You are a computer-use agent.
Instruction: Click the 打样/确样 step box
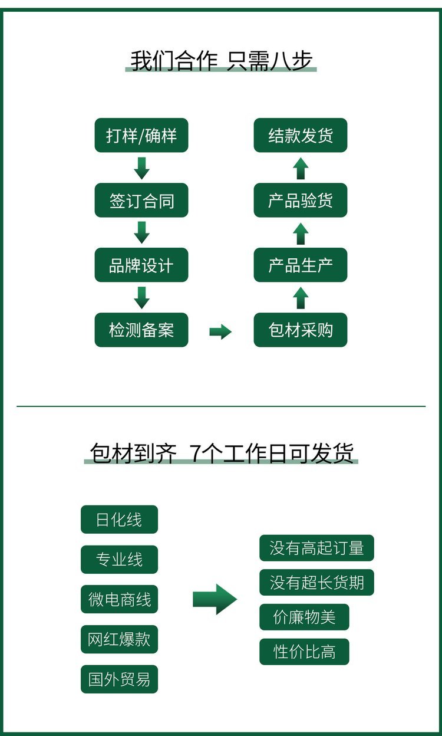click(x=141, y=135)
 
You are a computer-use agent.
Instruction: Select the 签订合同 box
click(x=141, y=200)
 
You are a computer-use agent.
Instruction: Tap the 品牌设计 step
click(x=141, y=265)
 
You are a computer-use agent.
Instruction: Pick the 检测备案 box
click(x=141, y=330)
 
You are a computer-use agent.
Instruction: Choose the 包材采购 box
click(x=301, y=330)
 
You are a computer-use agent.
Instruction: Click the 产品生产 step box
click(x=301, y=265)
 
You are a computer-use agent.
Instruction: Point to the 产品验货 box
click(x=301, y=200)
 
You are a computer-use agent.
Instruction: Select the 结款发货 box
click(x=301, y=135)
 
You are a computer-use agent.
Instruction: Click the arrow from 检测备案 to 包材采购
click(x=220, y=331)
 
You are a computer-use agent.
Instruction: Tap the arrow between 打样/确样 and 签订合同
click(x=141, y=168)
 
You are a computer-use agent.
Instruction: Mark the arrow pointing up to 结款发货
click(x=301, y=168)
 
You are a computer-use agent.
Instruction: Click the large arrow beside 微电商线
click(x=215, y=599)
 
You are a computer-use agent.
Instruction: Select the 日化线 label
click(x=119, y=520)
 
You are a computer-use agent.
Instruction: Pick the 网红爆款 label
click(x=119, y=639)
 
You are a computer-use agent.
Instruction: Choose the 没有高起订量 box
click(x=316, y=548)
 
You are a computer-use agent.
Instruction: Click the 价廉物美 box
click(x=304, y=617)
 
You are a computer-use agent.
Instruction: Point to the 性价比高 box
click(x=304, y=652)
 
